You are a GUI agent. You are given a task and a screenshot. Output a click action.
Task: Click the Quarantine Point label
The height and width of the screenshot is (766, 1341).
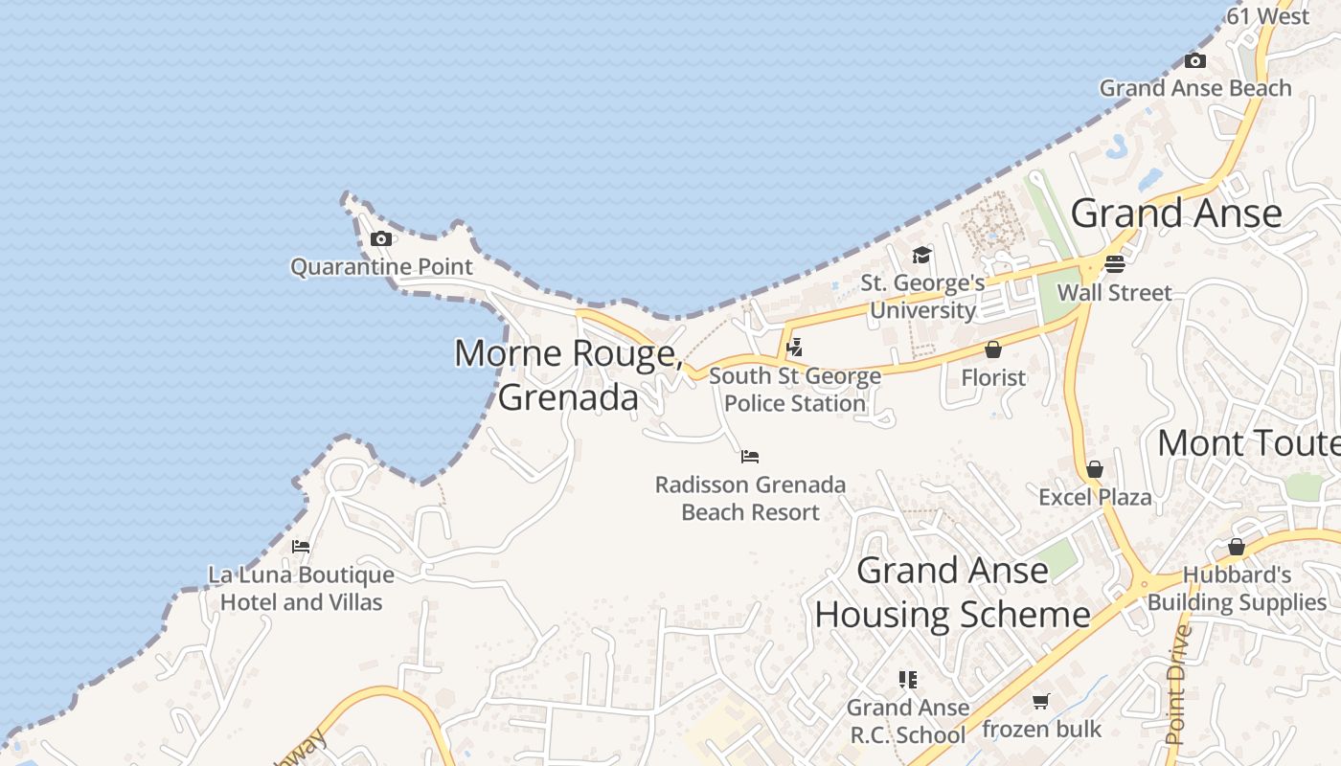381,266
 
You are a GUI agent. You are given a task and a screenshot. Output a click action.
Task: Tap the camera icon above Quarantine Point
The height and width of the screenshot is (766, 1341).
381,239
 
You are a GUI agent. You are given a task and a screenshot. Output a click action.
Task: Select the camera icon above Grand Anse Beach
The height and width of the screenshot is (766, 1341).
1195,61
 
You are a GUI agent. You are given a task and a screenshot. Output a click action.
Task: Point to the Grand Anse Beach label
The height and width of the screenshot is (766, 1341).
1195,88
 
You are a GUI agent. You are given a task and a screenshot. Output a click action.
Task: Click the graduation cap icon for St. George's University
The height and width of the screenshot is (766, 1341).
921,255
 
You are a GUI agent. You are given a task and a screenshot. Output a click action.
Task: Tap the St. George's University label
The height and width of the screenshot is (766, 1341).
922,297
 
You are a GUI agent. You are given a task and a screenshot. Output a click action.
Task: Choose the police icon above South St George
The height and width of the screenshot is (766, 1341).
794,348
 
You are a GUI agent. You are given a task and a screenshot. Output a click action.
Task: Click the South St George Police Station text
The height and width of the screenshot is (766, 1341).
795,390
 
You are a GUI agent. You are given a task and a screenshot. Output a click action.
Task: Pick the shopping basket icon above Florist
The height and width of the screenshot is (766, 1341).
993,349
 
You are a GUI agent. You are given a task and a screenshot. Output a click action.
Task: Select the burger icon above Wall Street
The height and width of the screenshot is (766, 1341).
1114,263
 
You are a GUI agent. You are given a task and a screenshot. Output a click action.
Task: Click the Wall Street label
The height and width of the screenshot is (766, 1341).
1114,293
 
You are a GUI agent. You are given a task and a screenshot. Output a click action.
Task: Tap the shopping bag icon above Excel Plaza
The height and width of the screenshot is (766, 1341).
1095,469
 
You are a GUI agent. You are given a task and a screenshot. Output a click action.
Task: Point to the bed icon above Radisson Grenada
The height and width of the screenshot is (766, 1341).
750,457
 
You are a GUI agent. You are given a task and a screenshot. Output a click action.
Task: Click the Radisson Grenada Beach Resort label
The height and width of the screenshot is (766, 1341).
750,498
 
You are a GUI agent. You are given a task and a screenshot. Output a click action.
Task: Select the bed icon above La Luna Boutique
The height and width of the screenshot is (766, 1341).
301,547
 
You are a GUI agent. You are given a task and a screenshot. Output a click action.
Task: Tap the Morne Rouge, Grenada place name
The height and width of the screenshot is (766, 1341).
568,374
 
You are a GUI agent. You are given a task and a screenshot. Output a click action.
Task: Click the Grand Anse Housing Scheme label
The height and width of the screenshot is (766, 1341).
952,593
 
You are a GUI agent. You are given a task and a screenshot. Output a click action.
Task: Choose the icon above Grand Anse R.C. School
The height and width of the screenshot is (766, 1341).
907,680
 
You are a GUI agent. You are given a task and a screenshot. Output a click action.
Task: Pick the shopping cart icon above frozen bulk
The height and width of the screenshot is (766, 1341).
1041,702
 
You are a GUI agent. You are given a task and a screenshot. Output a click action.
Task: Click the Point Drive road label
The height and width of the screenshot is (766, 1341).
1177,684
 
